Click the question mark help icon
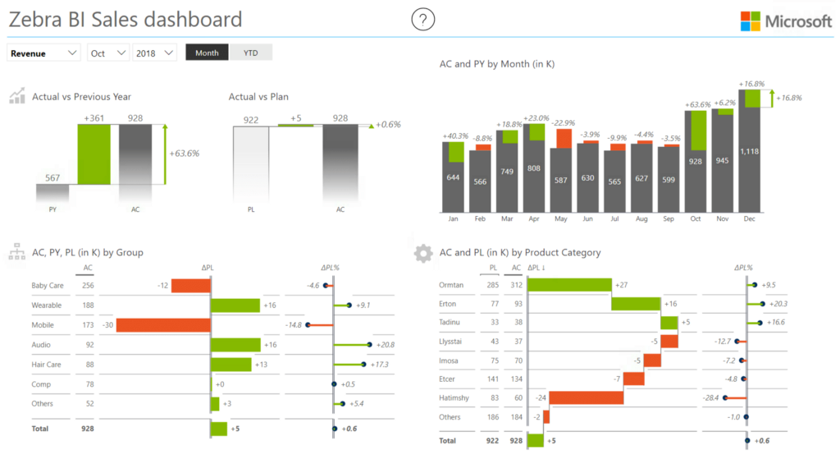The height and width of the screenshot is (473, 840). coord(423,20)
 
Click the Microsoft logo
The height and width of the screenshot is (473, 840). coord(786,21)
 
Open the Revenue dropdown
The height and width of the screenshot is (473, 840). coord(44,53)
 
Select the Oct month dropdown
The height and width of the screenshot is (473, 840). coord(108,53)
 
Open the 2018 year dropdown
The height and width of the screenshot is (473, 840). coord(155,53)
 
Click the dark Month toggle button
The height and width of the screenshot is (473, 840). coord(207,53)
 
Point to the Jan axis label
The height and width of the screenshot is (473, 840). coord(453,219)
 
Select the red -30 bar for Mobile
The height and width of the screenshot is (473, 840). coord(163,325)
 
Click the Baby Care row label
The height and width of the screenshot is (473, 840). coord(48,286)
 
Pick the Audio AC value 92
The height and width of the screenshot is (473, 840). coord(88,345)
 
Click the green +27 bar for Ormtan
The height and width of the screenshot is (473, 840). coord(569,285)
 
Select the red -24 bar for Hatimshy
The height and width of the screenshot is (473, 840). coord(586,398)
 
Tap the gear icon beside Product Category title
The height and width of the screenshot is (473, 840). coord(423,253)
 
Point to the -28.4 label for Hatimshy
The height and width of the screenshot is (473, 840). coord(710,398)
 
